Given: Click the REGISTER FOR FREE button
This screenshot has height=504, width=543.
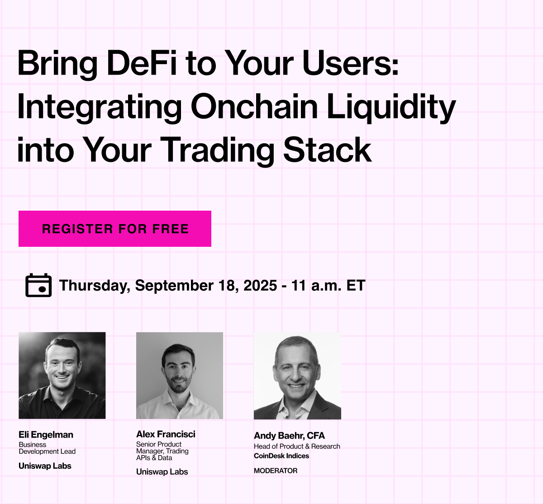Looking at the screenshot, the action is pyautogui.click(x=115, y=229).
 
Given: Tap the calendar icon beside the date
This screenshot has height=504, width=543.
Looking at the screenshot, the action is pyautogui.click(x=38, y=285).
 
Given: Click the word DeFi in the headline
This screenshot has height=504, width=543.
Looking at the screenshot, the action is pyautogui.click(x=142, y=63).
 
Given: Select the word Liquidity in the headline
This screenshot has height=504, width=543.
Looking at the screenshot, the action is pyautogui.click(x=391, y=107).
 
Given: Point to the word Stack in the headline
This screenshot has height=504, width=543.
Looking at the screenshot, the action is pyautogui.click(x=327, y=150).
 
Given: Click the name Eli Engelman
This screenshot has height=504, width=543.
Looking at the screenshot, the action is pyautogui.click(x=46, y=434).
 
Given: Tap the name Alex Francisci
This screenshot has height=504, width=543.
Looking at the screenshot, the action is pyautogui.click(x=166, y=434).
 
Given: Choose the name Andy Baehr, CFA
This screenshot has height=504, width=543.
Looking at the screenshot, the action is pyautogui.click(x=289, y=435).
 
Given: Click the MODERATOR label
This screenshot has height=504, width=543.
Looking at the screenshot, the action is pyautogui.click(x=276, y=471).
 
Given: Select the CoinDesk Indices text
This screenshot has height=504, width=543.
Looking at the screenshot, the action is pyautogui.click(x=281, y=456).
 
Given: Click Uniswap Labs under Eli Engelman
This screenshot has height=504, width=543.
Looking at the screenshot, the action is pyautogui.click(x=45, y=466).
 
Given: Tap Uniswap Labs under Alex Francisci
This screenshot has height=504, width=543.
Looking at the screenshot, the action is pyautogui.click(x=162, y=472).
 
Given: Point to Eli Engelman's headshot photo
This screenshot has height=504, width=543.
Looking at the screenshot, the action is pyautogui.click(x=62, y=375).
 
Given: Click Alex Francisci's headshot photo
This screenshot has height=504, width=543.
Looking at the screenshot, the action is pyautogui.click(x=180, y=375).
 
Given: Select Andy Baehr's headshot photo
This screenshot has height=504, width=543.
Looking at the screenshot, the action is pyautogui.click(x=297, y=376).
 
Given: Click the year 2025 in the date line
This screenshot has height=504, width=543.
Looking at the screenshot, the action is pyautogui.click(x=260, y=285).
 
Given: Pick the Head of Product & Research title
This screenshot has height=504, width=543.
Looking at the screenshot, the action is pyautogui.click(x=297, y=446).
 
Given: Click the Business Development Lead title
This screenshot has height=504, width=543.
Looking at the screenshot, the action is pyautogui.click(x=47, y=448).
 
